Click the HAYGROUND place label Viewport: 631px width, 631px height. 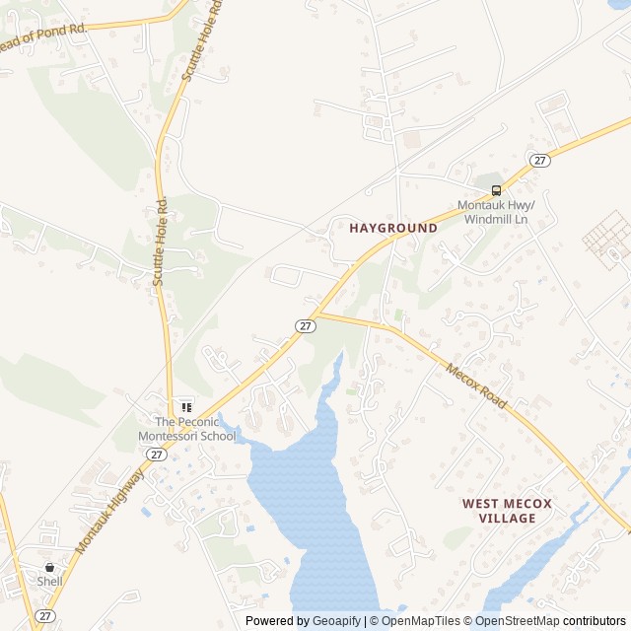tap(393, 228)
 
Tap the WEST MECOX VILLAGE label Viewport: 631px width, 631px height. tap(507, 511)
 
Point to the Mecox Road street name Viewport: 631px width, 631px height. tap(476, 386)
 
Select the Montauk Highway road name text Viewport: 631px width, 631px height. tap(108, 510)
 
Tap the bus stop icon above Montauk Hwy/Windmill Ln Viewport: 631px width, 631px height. tap(496, 189)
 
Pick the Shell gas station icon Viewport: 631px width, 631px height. tap(49, 567)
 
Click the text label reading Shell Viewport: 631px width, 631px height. tap(49, 582)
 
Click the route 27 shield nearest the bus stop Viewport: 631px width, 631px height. tap(538, 160)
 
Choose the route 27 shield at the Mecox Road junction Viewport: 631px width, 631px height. tap(306, 325)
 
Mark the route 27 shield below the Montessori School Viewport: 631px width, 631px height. tap(156, 454)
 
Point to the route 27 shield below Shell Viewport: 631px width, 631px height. tap(45, 615)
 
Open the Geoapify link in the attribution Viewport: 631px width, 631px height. tap(336, 621)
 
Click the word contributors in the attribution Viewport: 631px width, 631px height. tap(595, 621)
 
